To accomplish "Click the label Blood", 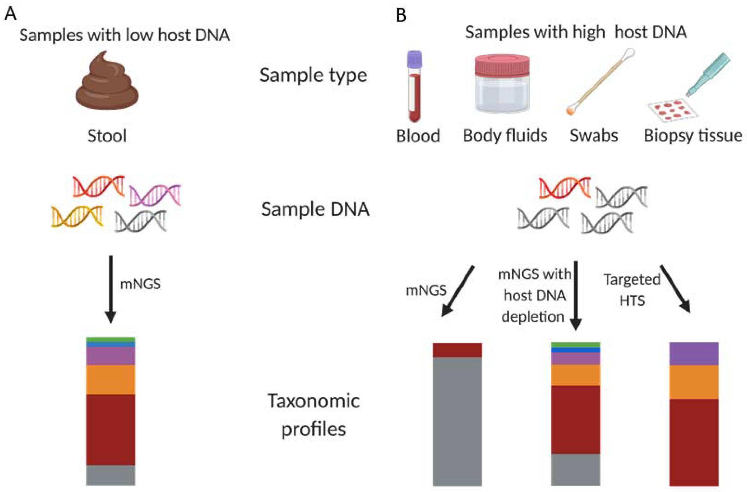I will point(418,136).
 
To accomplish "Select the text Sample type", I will point(313,75).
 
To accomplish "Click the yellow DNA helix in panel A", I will point(77,216).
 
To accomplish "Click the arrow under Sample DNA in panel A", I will point(111,289).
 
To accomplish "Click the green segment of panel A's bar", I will point(111,339).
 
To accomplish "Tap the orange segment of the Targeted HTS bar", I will point(694,382).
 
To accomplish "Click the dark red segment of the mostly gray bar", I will point(457,350).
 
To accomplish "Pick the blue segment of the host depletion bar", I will point(576,350).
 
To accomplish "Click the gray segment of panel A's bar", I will point(111,475).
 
